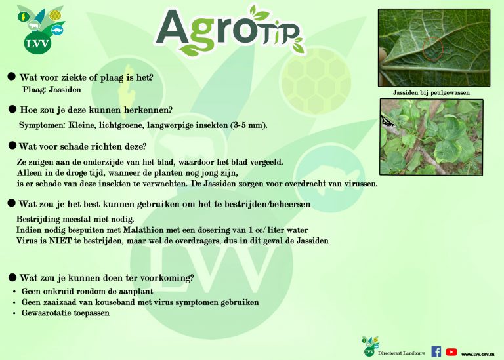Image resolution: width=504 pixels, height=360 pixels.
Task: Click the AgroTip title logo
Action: pyautogui.click(x=230, y=31)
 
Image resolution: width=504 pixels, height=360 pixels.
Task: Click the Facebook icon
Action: pyautogui.click(x=436, y=351)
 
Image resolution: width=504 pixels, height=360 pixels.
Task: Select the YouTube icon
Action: pyautogui.click(x=451, y=352)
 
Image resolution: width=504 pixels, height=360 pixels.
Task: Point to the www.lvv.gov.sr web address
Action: pyautogui.click(x=478, y=354)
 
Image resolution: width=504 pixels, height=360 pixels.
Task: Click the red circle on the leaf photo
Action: pyautogui.click(x=432, y=49)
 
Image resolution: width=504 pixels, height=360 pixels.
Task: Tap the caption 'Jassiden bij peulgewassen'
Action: pyautogui.click(x=431, y=93)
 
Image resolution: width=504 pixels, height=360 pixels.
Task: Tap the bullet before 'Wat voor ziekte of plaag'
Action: pyautogui.click(x=12, y=77)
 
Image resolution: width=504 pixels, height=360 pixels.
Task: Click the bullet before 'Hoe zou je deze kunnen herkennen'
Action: pyautogui.click(x=12, y=110)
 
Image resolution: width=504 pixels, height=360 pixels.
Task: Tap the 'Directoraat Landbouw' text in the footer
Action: pyautogui.click(x=402, y=353)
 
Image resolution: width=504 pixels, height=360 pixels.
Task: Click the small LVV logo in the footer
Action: pyautogui.click(x=369, y=346)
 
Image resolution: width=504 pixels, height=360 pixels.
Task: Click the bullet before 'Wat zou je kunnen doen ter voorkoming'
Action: pyautogui.click(x=12, y=277)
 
